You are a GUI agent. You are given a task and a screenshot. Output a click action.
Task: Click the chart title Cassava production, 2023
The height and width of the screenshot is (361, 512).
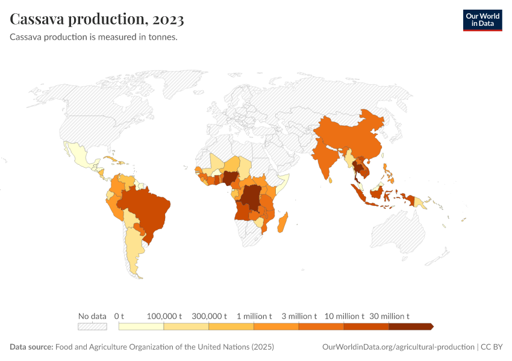point(97,19)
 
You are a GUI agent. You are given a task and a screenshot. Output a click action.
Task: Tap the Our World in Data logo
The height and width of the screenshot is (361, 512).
point(482,19)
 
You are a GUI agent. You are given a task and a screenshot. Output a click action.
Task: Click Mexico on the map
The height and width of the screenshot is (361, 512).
point(81,156)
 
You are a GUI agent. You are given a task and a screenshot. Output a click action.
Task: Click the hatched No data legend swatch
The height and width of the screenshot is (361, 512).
point(92,327)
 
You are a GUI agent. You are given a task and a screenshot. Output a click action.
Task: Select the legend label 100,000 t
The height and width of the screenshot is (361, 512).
point(164,316)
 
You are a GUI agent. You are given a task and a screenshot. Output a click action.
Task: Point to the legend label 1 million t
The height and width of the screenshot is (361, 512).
point(254,316)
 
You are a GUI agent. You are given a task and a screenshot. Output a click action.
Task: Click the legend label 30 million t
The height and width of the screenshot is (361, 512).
point(389,316)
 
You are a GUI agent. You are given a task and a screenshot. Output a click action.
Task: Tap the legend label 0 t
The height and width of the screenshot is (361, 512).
point(119,316)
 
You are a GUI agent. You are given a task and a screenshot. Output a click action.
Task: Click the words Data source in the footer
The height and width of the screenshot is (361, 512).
point(31,347)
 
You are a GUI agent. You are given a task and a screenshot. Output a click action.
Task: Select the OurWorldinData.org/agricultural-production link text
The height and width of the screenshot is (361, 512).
point(398,347)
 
